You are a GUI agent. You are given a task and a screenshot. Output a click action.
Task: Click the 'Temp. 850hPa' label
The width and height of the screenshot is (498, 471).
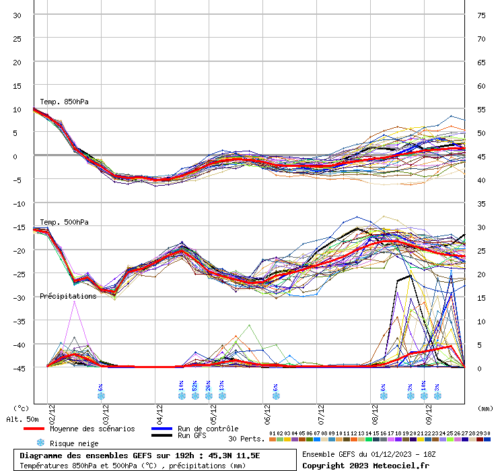[64, 102]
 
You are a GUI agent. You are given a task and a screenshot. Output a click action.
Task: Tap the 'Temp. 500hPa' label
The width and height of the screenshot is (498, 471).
[64, 223]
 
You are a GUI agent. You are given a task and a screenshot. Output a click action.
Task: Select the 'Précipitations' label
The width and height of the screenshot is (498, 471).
[68, 296]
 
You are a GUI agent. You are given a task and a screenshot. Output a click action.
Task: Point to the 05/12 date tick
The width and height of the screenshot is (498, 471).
[213, 410]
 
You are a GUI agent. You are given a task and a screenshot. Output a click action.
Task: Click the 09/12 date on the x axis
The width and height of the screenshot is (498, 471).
[429, 410]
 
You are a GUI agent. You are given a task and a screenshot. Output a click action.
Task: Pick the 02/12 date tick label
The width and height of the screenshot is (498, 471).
[52, 410]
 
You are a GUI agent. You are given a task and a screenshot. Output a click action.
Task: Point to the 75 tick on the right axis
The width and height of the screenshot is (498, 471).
[481, 15]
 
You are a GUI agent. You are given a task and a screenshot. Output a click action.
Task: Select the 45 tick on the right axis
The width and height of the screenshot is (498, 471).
[481, 157]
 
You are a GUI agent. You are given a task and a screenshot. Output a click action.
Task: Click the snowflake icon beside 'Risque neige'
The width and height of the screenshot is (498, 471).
[40, 443]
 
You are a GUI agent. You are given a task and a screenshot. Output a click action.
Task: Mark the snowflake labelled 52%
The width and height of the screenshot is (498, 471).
[195, 396]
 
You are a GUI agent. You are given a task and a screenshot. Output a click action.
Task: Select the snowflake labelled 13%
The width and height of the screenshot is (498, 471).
[222, 396]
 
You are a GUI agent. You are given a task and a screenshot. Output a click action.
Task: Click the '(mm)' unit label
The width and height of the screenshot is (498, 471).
[485, 408]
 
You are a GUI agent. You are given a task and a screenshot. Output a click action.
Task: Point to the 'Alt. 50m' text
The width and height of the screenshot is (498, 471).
[22, 419]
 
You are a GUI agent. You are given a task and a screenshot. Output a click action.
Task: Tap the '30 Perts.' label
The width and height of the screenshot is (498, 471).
[245, 439]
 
